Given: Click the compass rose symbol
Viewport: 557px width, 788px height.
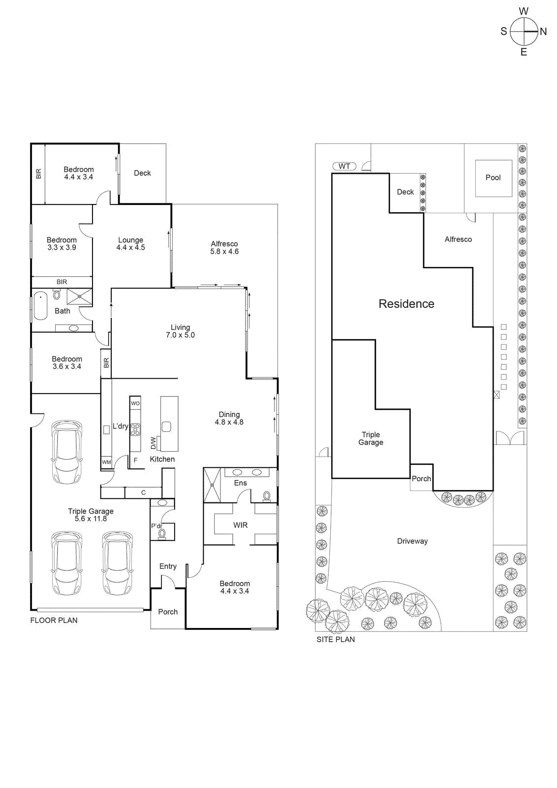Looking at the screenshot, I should [524, 32].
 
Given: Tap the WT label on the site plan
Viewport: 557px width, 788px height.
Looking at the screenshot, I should [344, 166].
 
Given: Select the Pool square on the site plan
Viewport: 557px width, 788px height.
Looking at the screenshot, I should [493, 178].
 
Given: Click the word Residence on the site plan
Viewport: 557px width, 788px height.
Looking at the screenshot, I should [406, 304].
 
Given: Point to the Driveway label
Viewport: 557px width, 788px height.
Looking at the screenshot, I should [412, 541].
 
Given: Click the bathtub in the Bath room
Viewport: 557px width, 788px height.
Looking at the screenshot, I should [40, 306].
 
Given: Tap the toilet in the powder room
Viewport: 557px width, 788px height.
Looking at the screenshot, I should [162, 533].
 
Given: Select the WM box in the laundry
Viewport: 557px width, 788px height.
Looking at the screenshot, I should [106, 462].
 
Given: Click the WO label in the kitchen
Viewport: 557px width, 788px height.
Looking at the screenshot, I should [135, 403].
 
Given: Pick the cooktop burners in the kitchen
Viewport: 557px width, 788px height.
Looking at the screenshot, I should [135, 430].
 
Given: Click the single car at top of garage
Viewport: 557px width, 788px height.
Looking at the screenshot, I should [67, 452].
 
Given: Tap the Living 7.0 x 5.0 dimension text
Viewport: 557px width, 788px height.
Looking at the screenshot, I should [180, 335].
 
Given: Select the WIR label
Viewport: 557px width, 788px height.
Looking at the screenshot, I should [241, 525].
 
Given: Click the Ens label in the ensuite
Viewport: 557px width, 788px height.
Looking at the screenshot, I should [241, 483].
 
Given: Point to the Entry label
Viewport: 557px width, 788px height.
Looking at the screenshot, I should [168, 566].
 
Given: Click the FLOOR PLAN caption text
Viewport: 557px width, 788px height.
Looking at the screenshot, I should [54, 621].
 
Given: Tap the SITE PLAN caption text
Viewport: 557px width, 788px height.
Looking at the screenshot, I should [336, 639].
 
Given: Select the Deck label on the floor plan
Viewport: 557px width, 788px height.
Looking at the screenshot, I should [142, 173].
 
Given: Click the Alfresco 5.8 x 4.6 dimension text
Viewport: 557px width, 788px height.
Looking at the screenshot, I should [224, 251].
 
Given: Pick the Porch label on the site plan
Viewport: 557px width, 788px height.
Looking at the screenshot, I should [421, 479].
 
